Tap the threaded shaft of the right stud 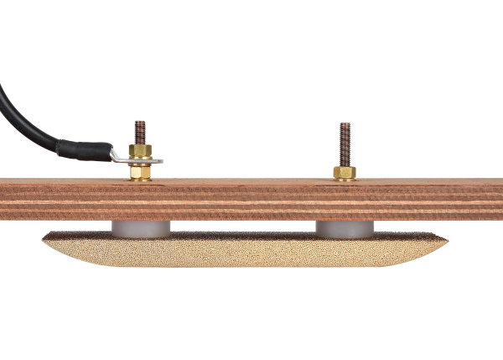tap(345, 143)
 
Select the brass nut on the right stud tap(345, 173)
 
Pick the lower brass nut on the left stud tap(140, 173)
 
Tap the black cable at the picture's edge tap(3, 92)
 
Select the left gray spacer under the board tap(141, 227)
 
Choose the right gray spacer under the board tap(344, 227)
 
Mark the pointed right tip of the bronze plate tap(445, 242)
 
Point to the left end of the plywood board tap(7, 200)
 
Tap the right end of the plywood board tap(496, 200)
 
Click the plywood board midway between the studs tap(242, 200)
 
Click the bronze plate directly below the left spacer tap(141, 249)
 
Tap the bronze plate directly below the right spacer tap(344, 249)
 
